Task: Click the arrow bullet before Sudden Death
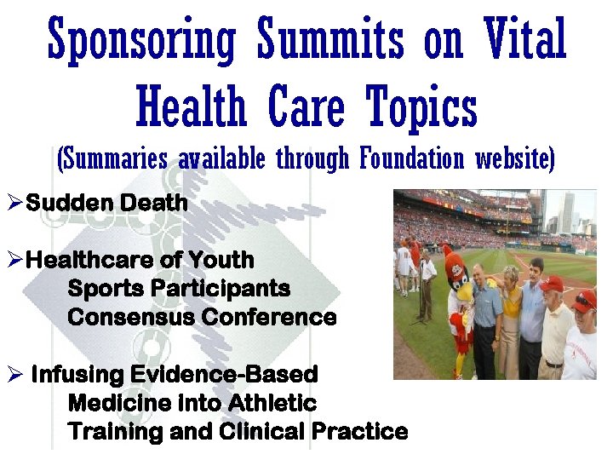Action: [14, 204]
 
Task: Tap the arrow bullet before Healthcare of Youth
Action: [14, 260]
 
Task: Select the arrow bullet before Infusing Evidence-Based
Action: [14, 375]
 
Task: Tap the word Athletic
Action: [274, 403]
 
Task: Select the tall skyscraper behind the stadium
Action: [567, 213]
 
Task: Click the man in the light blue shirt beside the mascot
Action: [485, 315]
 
